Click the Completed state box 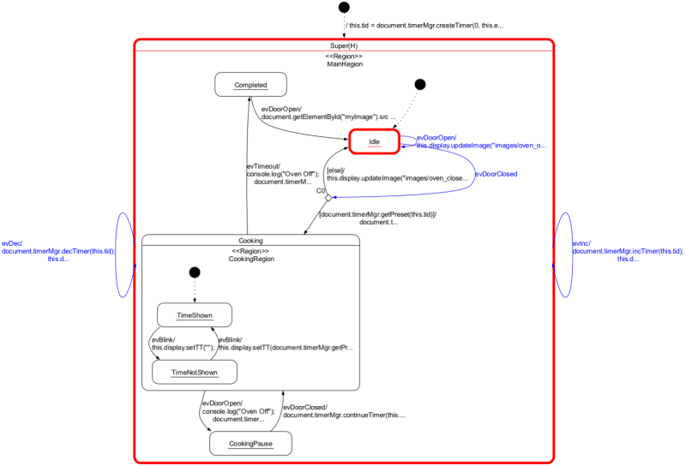pos(250,85)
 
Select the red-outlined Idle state pos(374,141)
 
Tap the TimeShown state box pos(195,315)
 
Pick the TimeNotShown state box pos(194,372)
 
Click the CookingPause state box pos(250,443)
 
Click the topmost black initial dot pos(344,8)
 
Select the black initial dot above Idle pos(419,84)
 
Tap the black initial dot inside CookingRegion pos(195,272)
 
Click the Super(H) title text pos(344,45)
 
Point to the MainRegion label pos(344,64)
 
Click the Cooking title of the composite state pos(250,240)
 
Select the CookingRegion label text pos(250,259)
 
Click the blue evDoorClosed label pos(496,174)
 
